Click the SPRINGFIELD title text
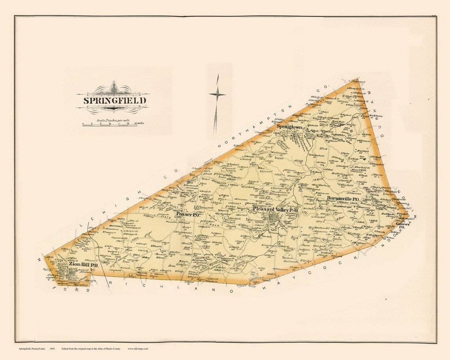pyautogui.click(x=115, y=100)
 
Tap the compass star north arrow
pyautogui.click(x=217, y=94)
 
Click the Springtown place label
pyautogui.click(x=292, y=126)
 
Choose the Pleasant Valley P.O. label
pyautogui.click(x=275, y=210)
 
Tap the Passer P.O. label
pyautogui.click(x=189, y=214)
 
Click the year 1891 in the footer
pyautogui.click(x=52, y=349)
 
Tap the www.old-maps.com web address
pyautogui.click(x=138, y=349)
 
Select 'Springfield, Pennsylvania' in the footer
pyautogui.click(x=32, y=349)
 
